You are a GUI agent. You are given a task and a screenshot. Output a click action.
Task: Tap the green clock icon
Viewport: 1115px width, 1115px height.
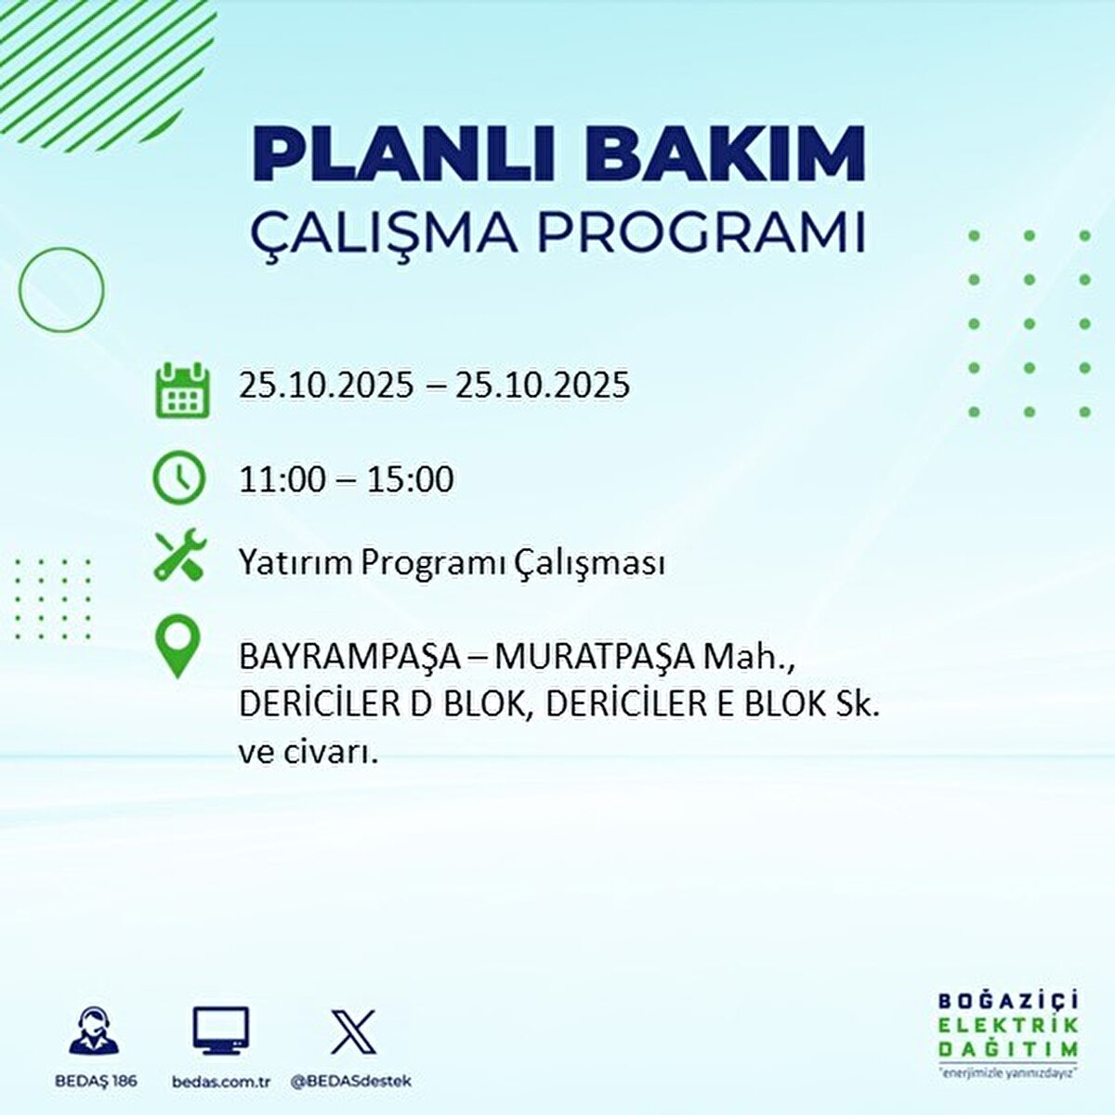[x=179, y=478]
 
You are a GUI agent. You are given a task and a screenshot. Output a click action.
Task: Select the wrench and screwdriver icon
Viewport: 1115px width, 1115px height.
[x=180, y=555]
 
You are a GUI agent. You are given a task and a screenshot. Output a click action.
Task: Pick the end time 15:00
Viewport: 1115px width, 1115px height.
[x=410, y=479]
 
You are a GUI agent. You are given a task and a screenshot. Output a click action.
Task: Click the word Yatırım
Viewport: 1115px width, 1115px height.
[x=296, y=563]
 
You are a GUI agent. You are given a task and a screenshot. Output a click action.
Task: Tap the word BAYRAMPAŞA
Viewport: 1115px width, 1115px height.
[x=349, y=658]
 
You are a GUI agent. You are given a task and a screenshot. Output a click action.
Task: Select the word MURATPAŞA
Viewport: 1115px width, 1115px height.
[x=594, y=658]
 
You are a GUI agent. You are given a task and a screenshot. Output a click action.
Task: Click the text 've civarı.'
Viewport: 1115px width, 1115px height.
[x=308, y=752]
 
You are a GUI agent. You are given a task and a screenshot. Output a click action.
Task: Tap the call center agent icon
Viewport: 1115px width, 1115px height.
[x=95, y=1031]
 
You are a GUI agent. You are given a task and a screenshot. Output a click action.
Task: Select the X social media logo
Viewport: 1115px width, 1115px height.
[x=354, y=1031]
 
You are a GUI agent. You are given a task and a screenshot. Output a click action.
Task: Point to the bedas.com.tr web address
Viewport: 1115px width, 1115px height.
[x=221, y=1082]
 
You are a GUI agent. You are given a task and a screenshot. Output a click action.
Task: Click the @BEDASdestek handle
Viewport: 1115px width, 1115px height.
[x=351, y=1082]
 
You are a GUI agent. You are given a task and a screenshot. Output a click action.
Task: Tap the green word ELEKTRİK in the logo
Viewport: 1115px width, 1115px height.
[x=1008, y=1026]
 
